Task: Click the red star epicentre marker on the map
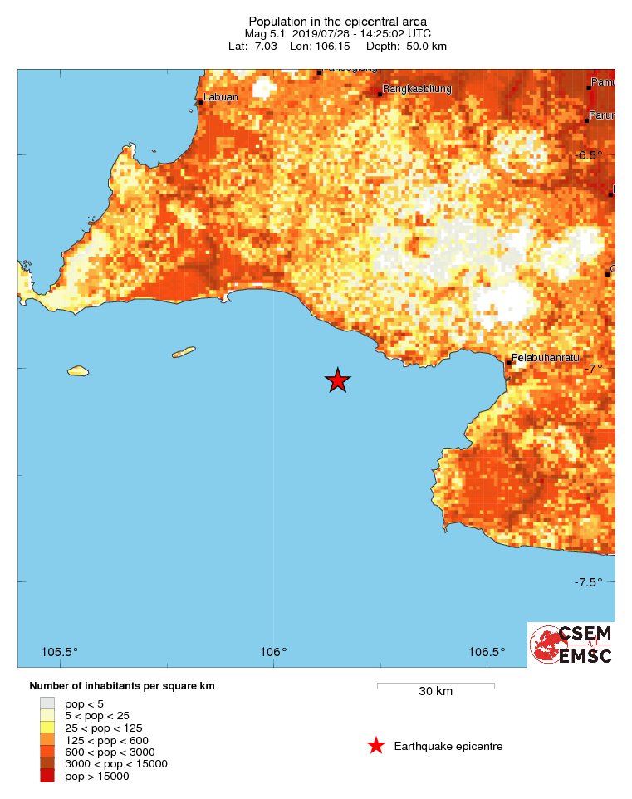tap(337, 380)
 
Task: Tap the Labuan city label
tap(221, 97)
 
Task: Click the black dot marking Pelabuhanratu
tap(509, 363)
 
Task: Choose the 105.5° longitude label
tap(60, 651)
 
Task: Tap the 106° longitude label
tap(273, 651)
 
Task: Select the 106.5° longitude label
tap(487, 651)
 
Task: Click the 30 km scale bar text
tap(435, 692)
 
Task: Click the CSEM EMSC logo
tap(571, 645)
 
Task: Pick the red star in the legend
tap(376, 746)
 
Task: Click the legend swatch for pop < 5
tap(47, 703)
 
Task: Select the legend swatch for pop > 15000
tap(47, 776)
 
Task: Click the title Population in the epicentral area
tap(337, 21)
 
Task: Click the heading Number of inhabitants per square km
tap(122, 686)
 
